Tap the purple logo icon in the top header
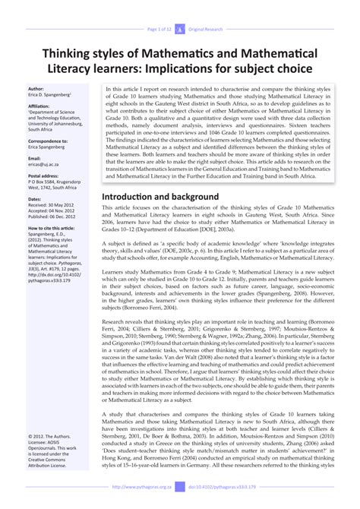tap(180, 8)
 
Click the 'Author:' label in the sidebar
tap(36, 89)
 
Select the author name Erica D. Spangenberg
tap(49, 95)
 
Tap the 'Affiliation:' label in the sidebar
tap(39, 106)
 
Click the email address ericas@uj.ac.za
tap(45, 165)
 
